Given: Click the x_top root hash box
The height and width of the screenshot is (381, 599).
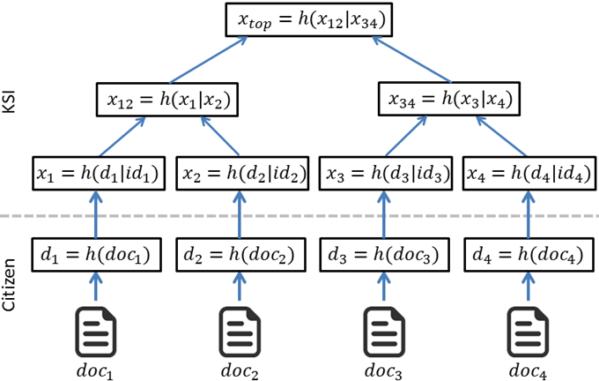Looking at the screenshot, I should pos(308,19).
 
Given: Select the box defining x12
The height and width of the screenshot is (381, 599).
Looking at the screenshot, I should pos(167,100).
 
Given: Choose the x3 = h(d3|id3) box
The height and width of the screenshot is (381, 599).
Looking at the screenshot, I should pos(384,174).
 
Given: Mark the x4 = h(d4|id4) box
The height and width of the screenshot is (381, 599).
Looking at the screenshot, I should pos(527,174).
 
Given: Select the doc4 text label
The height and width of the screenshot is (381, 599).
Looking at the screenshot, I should pos(527,368).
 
